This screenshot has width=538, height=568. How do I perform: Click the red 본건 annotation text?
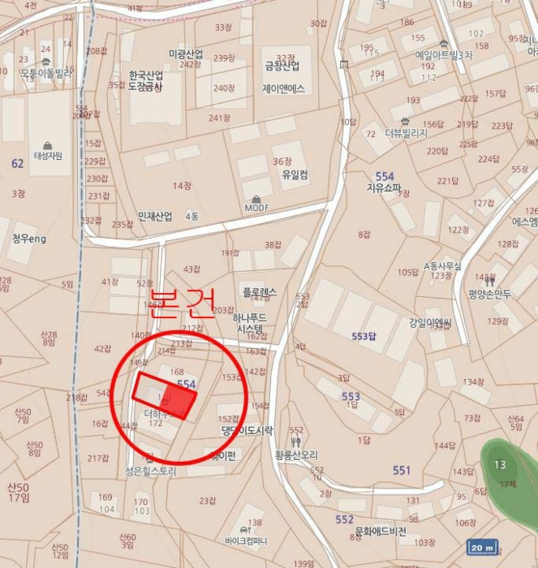click(x=183, y=302)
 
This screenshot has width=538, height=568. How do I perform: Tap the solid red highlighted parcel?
click(x=166, y=394)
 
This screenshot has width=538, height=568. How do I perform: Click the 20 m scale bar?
click(x=482, y=548)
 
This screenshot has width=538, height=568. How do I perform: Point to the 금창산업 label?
click(x=282, y=67)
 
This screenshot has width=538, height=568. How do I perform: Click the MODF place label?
click(x=257, y=208)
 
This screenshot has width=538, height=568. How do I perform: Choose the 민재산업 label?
click(x=155, y=217)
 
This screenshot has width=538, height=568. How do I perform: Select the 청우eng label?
click(x=30, y=239)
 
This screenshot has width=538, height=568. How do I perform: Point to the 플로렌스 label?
click(x=259, y=292)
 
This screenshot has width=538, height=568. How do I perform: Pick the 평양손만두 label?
click(x=489, y=294)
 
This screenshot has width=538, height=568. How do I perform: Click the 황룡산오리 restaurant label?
click(x=296, y=455)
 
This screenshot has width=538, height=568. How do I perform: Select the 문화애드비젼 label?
click(x=381, y=532)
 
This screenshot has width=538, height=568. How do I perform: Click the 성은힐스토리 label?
click(x=151, y=469)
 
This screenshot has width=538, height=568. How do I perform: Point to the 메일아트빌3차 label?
click(x=443, y=55)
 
